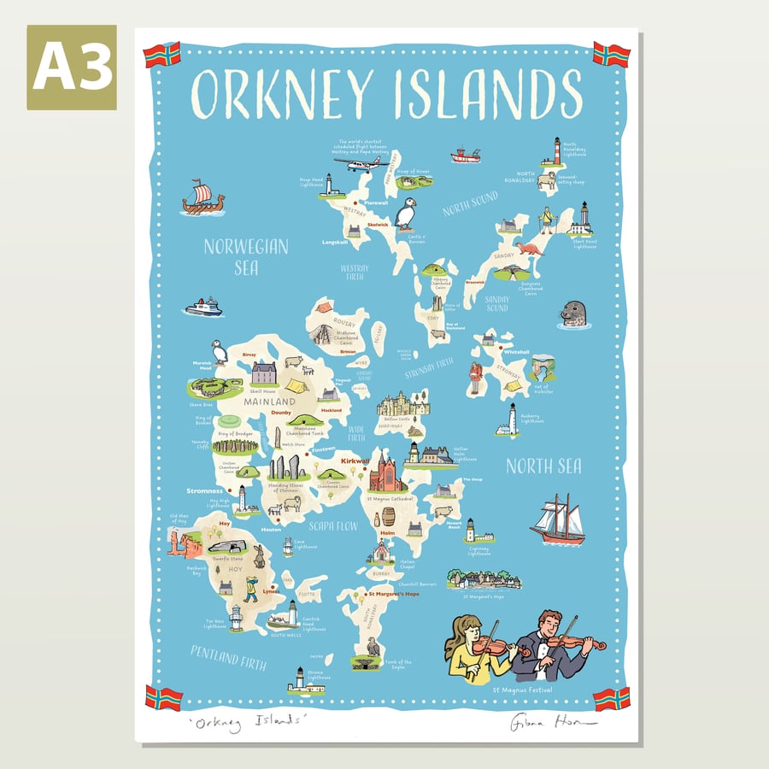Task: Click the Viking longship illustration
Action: click(x=203, y=198)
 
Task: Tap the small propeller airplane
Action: click(x=357, y=163)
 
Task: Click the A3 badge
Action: click(x=72, y=68)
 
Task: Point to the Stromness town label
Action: click(x=205, y=491)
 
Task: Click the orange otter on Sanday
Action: click(x=529, y=249)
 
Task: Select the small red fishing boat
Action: click(x=466, y=156)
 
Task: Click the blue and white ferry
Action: click(x=203, y=308)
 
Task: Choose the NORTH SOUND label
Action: click(x=470, y=207)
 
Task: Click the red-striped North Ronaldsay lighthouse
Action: click(x=556, y=150)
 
